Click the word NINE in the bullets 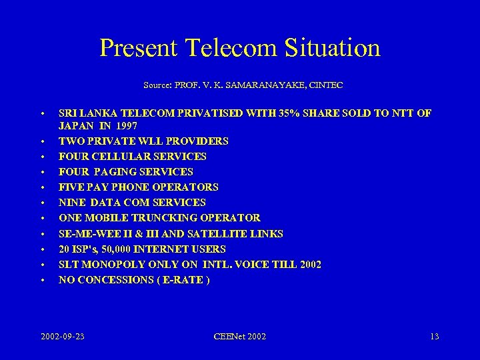pos(73,203)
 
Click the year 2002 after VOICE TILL pos(310,265)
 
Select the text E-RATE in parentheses pos(183,280)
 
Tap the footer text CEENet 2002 pos(241,337)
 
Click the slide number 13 pos(435,337)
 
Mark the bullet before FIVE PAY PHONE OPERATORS pos(41,188)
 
